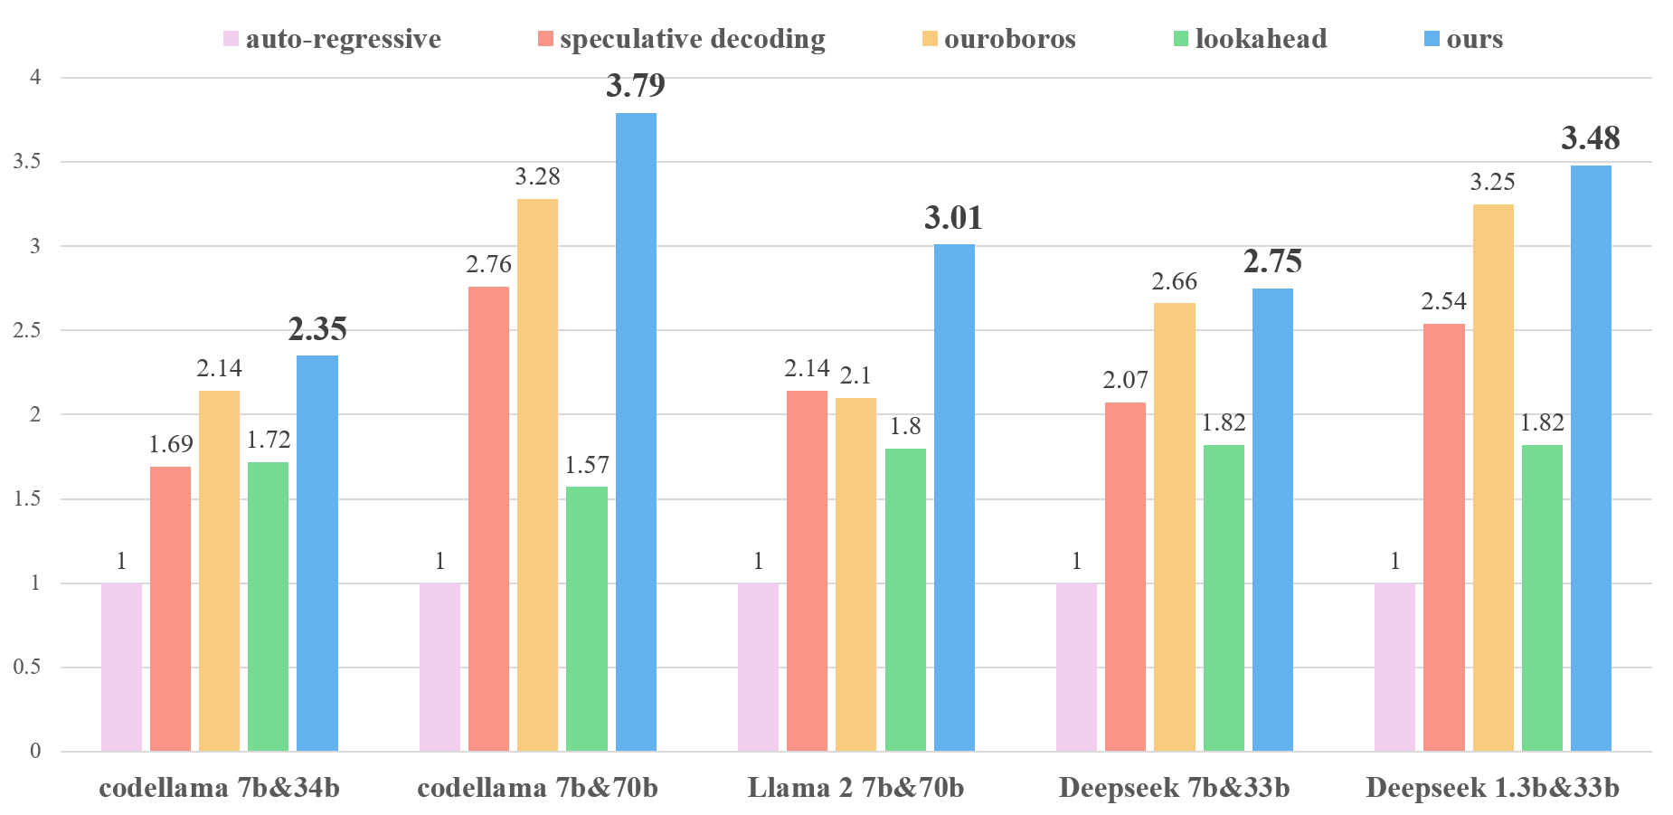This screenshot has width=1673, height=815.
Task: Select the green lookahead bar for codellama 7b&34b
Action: tap(268, 607)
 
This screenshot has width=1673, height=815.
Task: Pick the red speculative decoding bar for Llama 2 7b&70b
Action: tap(807, 571)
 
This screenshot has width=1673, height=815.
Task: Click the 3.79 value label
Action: tap(636, 87)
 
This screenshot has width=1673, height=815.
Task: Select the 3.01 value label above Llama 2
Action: tap(953, 218)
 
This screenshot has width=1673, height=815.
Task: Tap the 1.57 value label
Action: tap(587, 465)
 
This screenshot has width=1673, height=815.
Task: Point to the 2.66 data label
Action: tap(1175, 282)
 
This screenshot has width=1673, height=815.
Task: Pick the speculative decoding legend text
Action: tap(692, 39)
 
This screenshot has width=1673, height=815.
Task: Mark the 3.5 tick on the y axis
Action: tap(27, 162)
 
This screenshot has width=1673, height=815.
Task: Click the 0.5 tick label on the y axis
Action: tap(27, 668)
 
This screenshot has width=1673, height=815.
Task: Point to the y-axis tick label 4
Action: tap(35, 78)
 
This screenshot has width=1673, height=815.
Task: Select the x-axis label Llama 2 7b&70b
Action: tap(855, 788)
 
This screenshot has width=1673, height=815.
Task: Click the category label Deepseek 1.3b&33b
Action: tap(1492, 788)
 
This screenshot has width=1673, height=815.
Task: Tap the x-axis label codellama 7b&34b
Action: tap(219, 788)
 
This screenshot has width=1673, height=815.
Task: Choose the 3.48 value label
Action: tap(1591, 139)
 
